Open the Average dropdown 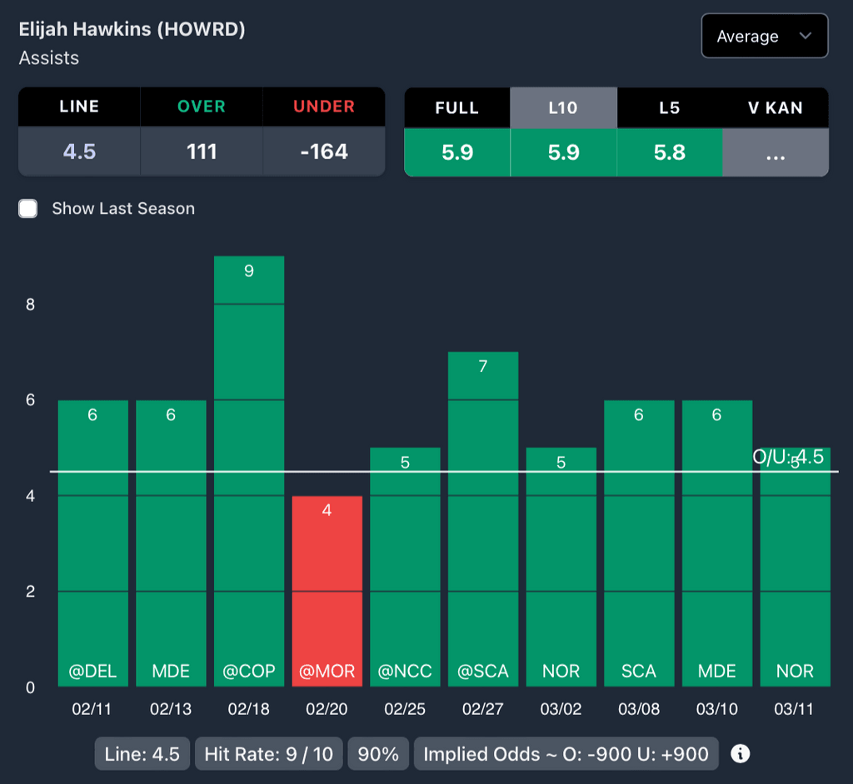764,36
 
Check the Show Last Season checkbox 28,208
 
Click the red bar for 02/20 327,591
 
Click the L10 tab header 563,108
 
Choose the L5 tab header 669,108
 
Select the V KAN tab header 775,108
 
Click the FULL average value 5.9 456,152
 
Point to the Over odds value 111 202,151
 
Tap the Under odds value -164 324,151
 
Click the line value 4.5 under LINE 79,151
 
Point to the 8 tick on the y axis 30,305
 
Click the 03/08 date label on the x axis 639,709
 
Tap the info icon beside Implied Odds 740,754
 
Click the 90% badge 377,754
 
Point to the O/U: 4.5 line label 788,457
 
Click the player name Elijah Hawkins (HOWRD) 132,29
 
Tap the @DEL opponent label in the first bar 92,671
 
